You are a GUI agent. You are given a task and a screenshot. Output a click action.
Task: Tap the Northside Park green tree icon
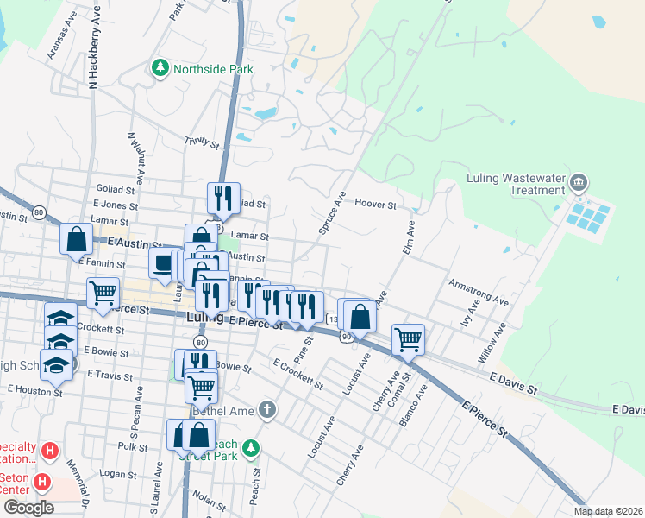click(160, 68)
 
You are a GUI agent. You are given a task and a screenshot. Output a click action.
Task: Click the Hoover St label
click(375, 205)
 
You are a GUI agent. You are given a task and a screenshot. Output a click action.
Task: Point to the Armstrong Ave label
click(479, 292)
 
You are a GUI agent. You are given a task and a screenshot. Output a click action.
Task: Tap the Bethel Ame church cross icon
click(267, 409)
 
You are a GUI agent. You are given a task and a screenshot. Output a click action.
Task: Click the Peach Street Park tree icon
click(250, 448)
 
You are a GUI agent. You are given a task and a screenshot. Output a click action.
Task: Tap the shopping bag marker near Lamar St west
click(76, 238)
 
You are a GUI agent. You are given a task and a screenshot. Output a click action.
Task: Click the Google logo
click(28, 508)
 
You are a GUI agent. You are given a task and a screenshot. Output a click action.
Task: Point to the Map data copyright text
click(608, 511)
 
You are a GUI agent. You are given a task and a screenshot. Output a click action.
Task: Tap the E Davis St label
click(511, 383)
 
